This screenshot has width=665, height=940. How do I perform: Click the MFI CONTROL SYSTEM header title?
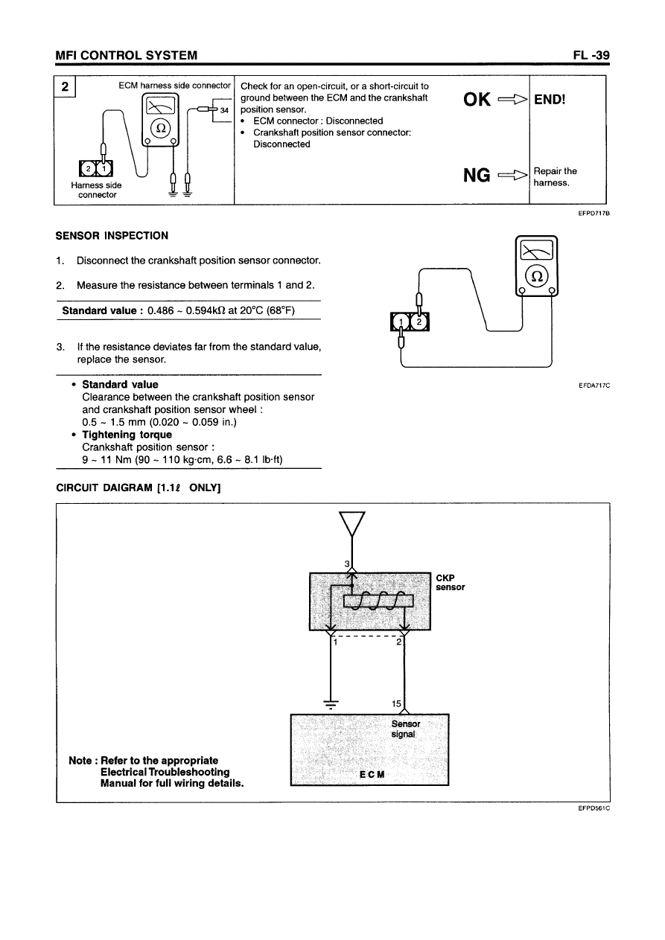[127, 55]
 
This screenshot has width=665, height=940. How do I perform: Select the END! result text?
[550, 99]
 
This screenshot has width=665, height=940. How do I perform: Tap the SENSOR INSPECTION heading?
[112, 236]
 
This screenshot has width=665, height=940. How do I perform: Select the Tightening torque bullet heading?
[127, 435]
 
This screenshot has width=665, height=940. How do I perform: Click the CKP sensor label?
[451, 582]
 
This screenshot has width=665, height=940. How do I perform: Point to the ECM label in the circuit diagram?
[372, 774]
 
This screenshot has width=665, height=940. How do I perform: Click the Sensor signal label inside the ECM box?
[405, 729]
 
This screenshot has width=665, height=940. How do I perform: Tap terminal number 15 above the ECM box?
[396, 703]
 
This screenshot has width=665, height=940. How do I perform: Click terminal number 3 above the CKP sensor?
[346, 563]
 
